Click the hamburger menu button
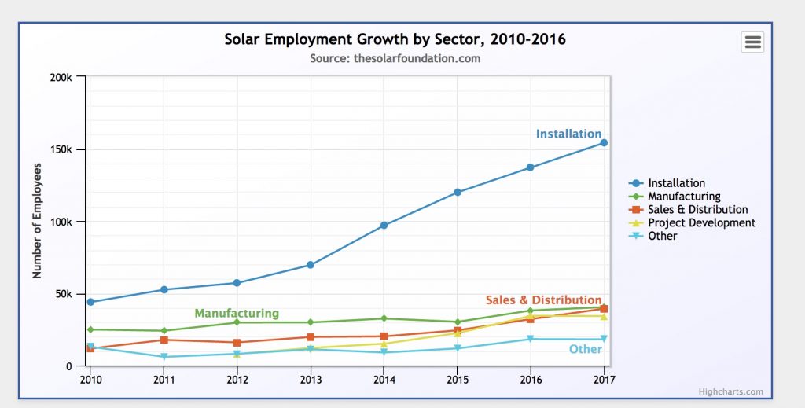pos(752,42)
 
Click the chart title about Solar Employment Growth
pos(395,39)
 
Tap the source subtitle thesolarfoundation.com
pos(395,58)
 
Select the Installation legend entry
pos(675,183)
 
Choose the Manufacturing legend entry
pos(683,197)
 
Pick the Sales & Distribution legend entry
pos(697,210)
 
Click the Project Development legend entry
pos(700,222)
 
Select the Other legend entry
pos(662,236)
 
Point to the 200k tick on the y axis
pos(61,77)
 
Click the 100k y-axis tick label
pos(61,222)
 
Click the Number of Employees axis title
pos(37,221)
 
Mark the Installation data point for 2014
pos(384,226)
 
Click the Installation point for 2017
pos(604,142)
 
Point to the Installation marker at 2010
pos(90,302)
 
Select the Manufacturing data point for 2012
pos(237,322)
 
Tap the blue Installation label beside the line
pos(568,134)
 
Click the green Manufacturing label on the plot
pos(237,313)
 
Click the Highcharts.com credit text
pos(730,391)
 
